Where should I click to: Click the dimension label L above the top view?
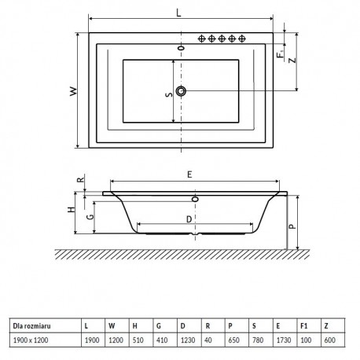point(178,13)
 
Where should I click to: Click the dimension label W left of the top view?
point(74,91)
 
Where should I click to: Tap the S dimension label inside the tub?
point(170,94)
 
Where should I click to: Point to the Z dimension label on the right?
point(292,61)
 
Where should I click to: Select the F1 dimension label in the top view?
point(281,53)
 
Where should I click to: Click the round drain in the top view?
point(181,91)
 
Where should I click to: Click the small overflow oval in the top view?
point(181,48)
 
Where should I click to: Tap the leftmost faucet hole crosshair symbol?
point(201,39)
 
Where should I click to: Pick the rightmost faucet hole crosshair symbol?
point(242,39)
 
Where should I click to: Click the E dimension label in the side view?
point(189,174)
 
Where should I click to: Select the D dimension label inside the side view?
point(189,219)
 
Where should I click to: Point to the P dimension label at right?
point(292,226)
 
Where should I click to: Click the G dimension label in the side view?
point(90,217)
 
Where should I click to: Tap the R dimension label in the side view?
point(81,180)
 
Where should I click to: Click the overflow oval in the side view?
point(195,199)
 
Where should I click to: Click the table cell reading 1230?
point(188,340)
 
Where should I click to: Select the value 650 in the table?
point(233,340)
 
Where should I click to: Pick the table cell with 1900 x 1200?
point(31,340)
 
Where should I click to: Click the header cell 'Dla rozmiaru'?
point(31,326)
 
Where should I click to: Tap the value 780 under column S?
point(258,340)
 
